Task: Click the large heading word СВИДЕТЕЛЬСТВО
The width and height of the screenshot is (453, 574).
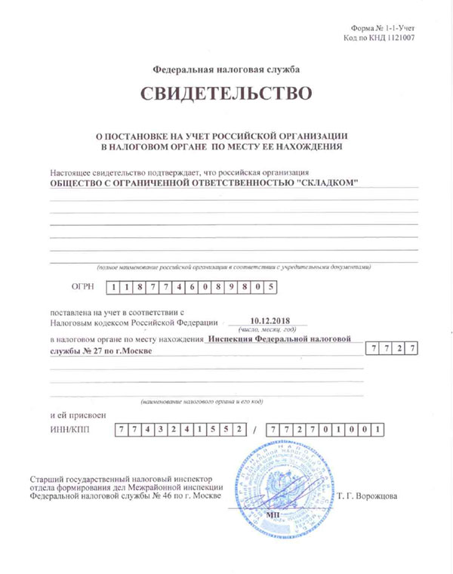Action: coord(226,94)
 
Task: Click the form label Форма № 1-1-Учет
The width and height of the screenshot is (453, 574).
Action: coord(383,28)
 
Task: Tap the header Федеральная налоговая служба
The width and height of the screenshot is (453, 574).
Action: coord(226,69)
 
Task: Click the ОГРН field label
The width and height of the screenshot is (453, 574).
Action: coord(81,287)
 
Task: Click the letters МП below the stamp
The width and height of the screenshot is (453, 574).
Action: coord(273,514)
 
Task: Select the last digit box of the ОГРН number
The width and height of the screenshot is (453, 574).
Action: coord(264,287)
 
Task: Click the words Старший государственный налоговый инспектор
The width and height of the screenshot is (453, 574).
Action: coord(121,479)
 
